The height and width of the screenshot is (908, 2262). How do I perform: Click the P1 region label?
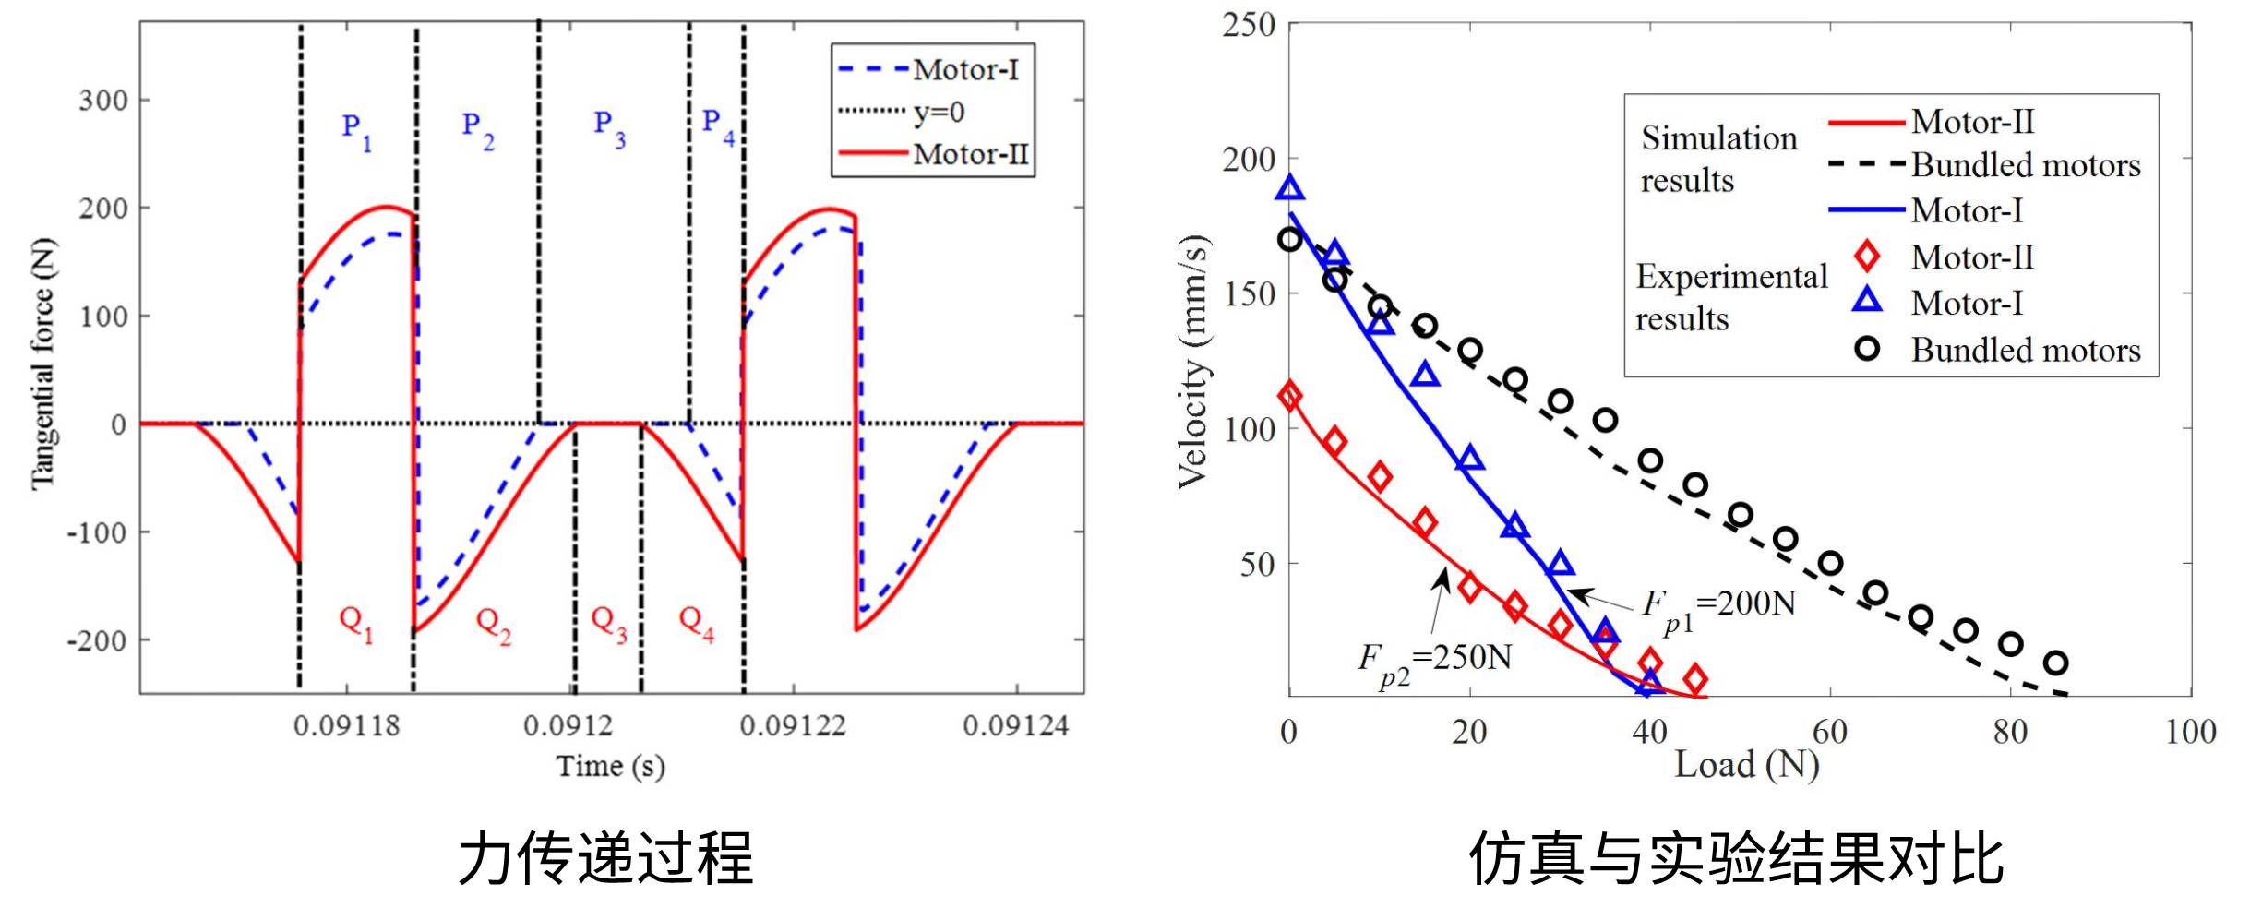(x=356, y=131)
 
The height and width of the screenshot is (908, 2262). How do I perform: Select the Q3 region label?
(x=608, y=624)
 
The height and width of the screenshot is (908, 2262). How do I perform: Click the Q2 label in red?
(x=493, y=624)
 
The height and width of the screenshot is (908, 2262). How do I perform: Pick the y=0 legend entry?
(x=939, y=112)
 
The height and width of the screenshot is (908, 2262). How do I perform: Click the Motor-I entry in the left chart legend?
(x=965, y=69)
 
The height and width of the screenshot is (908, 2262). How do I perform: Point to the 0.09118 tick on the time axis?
(x=346, y=726)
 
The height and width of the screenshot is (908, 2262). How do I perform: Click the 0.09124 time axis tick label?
(x=1015, y=726)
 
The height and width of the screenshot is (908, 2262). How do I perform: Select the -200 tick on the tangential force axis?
(x=97, y=640)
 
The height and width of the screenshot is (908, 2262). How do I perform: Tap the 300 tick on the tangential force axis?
(x=103, y=100)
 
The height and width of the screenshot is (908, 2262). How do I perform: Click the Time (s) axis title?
(x=610, y=766)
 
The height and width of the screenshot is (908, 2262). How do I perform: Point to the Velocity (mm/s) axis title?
(x=1193, y=362)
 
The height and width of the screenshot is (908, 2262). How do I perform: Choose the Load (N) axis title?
(x=1746, y=765)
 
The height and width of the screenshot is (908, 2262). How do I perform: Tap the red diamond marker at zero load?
(x=1289, y=396)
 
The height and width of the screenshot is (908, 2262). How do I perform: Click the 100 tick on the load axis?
(x=2190, y=732)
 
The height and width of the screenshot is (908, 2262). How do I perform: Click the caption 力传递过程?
(x=605, y=858)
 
